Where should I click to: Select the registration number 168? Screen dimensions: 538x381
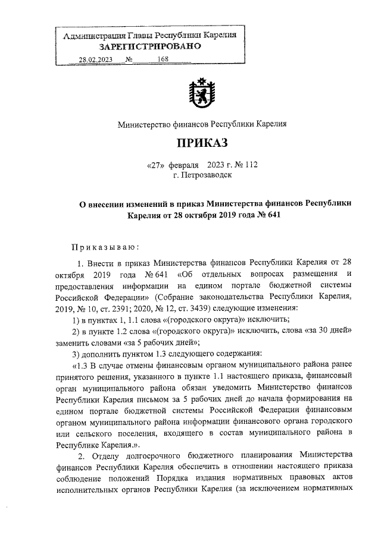tap(163, 59)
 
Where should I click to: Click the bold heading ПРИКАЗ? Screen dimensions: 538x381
tap(201, 143)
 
